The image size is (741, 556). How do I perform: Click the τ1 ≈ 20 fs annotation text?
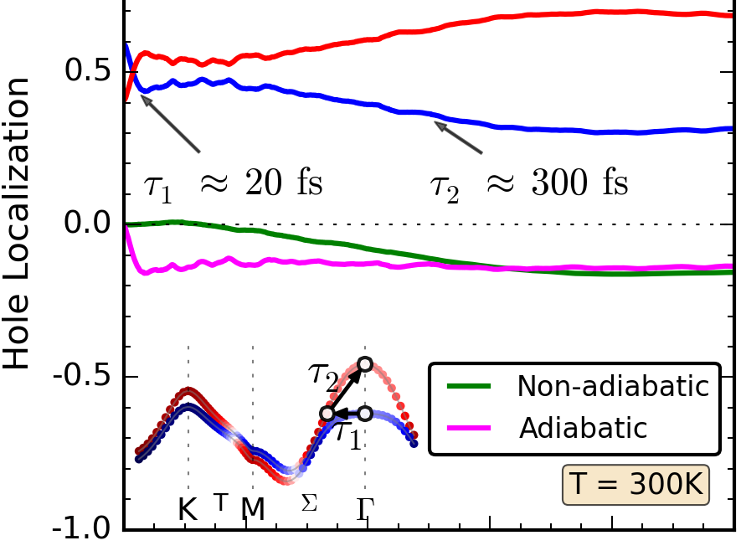click(234, 183)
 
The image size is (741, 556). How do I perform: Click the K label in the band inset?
click(188, 508)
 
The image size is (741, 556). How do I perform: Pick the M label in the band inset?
click(253, 508)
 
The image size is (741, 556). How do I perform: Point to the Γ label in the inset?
click(365, 508)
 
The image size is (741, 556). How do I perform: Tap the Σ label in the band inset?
click(310, 504)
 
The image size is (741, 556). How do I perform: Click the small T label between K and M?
click(220, 502)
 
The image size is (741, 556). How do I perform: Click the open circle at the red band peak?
click(365, 363)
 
